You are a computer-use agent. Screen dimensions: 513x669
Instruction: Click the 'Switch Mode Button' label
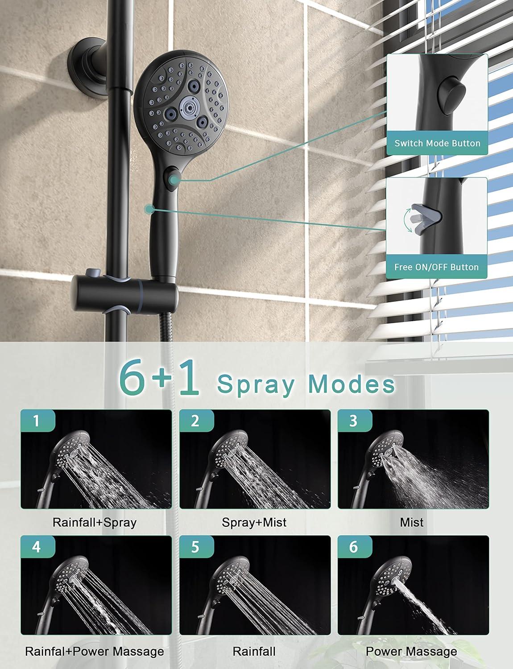(437, 143)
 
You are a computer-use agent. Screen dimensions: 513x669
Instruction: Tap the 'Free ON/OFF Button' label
(436, 267)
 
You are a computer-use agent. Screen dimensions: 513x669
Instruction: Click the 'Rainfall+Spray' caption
(94, 522)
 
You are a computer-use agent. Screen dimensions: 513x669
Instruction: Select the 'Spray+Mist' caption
(254, 522)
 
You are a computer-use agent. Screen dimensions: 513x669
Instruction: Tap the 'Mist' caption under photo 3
(412, 522)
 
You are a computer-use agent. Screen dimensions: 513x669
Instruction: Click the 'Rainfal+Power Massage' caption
(94, 652)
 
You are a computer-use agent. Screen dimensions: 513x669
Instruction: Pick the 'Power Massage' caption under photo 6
(411, 652)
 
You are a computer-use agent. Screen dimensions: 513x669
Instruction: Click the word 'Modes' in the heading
(352, 384)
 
